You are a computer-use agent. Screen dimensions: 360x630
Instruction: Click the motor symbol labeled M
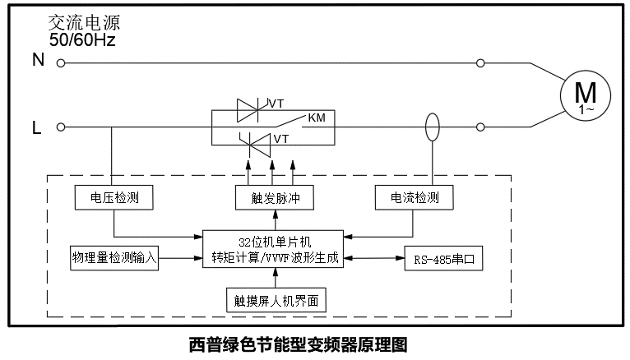coord(585,97)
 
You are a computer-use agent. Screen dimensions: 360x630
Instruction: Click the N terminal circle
coord(60,62)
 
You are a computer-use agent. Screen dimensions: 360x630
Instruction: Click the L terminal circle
coord(60,128)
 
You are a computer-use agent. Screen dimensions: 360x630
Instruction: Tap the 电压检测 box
coord(113,198)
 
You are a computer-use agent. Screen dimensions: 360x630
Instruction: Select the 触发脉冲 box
coord(274,198)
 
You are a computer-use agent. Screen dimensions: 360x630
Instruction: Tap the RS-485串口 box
coord(444,258)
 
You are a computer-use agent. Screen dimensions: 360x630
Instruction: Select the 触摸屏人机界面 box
coord(274,302)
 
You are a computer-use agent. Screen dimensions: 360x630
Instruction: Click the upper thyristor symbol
coord(249,108)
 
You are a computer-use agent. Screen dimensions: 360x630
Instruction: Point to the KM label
coord(317,118)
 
